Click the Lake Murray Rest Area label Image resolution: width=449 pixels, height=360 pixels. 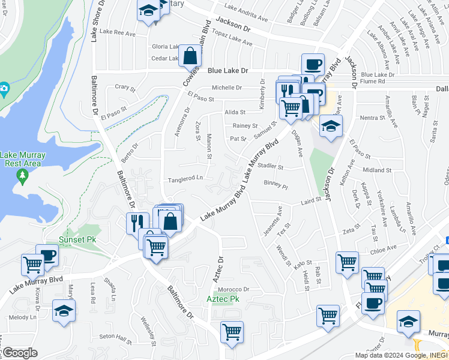(x=23, y=158)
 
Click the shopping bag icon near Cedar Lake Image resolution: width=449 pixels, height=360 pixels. (x=190, y=56)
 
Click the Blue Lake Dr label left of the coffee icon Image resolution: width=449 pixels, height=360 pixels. (x=228, y=71)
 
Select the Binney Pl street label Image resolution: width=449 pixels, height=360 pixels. (x=276, y=185)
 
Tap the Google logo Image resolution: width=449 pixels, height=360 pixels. (x=19, y=353)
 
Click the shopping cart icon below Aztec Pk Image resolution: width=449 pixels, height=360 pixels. (x=232, y=331)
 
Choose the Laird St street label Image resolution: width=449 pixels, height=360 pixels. (x=312, y=202)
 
